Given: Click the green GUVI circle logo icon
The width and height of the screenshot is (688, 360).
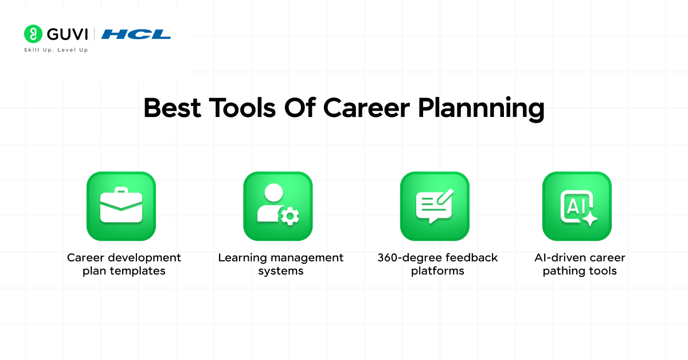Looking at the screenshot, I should pyautogui.click(x=34, y=34).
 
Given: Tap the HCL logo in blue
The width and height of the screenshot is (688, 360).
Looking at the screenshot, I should pyautogui.click(x=136, y=34).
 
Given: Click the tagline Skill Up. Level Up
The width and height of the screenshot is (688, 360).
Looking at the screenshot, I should pyautogui.click(x=56, y=50).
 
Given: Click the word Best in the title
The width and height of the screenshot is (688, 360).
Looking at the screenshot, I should pyautogui.click(x=173, y=108).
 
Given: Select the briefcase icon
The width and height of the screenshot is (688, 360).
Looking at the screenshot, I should pyautogui.click(x=121, y=206).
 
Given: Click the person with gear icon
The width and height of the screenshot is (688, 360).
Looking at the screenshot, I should pyautogui.click(x=277, y=206).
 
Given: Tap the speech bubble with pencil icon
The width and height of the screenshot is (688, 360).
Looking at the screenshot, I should pyautogui.click(x=435, y=206).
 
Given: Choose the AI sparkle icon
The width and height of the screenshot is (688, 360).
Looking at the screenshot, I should pyautogui.click(x=577, y=206).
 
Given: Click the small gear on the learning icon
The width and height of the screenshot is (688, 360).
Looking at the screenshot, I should pyautogui.click(x=290, y=216).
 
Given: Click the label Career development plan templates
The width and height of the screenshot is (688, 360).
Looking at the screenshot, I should pyautogui.click(x=124, y=264).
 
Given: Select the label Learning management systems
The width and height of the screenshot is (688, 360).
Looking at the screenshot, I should pyautogui.click(x=280, y=264).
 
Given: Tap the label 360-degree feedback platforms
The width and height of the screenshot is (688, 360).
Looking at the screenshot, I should pyautogui.click(x=437, y=264).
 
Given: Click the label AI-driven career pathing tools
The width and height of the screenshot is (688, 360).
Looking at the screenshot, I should pyautogui.click(x=580, y=264).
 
